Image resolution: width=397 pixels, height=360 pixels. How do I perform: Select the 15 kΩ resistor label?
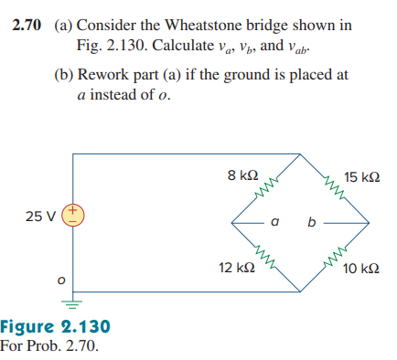pyautogui.click(x=363, y=175)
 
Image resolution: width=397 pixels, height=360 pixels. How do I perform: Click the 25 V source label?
pyautogui.click(x=40, y=217)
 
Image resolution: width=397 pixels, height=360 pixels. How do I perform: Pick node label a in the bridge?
pyautogui.click(x=274, y=221)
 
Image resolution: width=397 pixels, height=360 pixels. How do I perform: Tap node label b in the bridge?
pyautogui.click(x=311, y=221)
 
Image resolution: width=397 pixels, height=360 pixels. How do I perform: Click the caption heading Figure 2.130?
pyautogui.click(x=55, y=327)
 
